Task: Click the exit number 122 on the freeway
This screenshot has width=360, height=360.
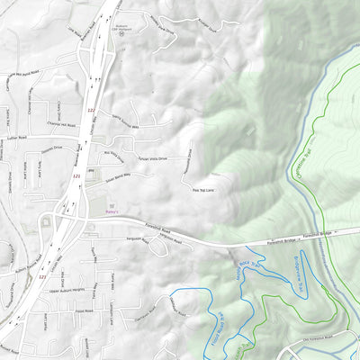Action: click(x=91, y=111)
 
